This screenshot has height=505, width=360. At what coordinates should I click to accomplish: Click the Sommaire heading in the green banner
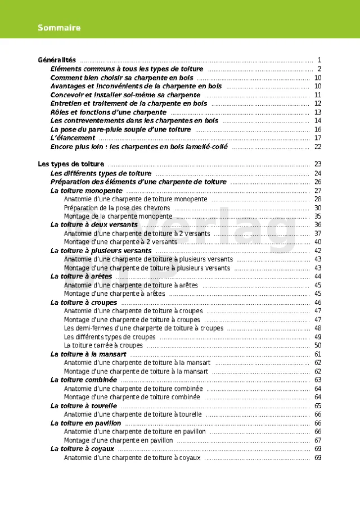coord(59,28)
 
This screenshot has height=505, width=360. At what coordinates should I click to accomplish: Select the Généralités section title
coord(57,60)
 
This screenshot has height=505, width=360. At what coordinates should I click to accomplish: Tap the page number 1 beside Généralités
coord(319,60)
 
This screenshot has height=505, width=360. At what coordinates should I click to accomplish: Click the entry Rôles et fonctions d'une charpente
coord(109,112)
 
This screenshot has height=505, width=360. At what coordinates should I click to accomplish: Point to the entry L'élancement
coord(73,138)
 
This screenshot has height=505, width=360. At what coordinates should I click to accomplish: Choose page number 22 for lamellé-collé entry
coord(318,147)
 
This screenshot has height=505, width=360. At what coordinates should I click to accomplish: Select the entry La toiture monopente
coord(87,191)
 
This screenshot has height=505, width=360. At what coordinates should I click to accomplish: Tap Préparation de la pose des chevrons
coord(117,208)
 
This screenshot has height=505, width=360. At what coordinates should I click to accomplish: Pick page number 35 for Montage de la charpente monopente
coord(318,217)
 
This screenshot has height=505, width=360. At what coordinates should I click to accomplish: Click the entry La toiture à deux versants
coord(94,225)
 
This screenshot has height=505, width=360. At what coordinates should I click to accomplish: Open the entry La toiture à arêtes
coord(82,277)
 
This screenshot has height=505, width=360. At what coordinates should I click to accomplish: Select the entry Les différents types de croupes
coord(110,337)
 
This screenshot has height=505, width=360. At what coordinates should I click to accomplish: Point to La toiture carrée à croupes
coord(103,345)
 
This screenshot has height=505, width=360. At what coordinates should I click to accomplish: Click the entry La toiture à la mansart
coord(88,354)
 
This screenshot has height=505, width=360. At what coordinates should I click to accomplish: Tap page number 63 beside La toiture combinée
coord(318,380)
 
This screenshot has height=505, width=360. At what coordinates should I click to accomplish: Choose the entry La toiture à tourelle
coord(84,406)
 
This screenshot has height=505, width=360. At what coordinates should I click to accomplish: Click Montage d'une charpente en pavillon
coord(118,440)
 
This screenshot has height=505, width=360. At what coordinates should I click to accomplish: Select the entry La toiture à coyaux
coord(82,449)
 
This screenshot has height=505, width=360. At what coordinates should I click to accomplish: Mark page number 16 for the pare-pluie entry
coord(318,129)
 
